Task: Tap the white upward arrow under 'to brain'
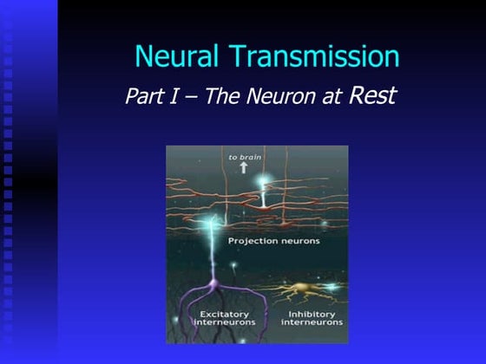244,168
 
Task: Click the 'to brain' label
244,157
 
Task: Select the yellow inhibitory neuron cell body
301,286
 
